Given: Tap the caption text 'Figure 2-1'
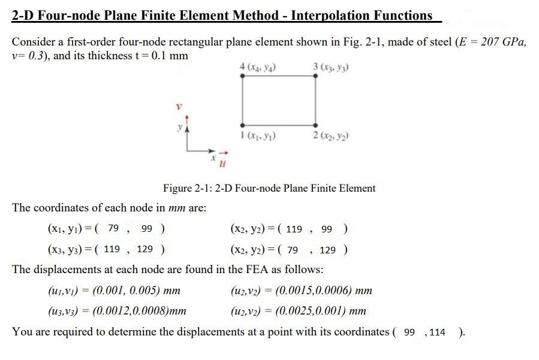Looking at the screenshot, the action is click(x=186, y=188).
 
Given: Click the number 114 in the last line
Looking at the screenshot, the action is click(x=437, y=332).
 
